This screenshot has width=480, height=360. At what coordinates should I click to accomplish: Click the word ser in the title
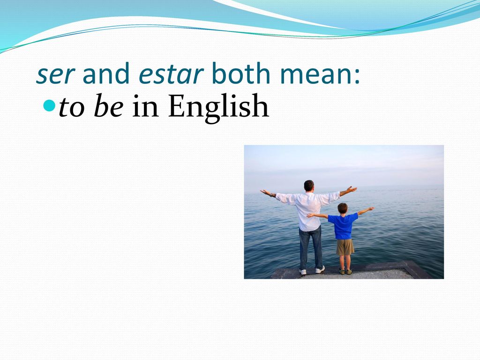55,74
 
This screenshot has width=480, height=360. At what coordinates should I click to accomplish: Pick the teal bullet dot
49,105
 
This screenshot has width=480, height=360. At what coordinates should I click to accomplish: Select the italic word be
109,106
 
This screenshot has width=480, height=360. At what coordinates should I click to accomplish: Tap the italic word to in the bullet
71,108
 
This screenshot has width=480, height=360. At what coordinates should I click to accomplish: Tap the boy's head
343,208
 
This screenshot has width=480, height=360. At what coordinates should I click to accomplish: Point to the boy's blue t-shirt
343,226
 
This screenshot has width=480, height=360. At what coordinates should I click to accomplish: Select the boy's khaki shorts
345,247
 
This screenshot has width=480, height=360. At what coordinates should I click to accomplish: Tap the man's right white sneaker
320,270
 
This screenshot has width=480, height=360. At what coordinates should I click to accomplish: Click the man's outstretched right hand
352,189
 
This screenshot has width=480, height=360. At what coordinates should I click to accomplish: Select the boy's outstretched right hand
370,209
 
